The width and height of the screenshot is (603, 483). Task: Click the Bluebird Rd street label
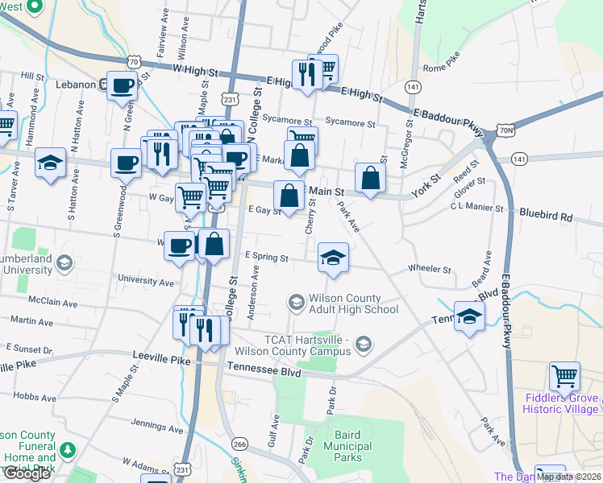(x=545, y=217)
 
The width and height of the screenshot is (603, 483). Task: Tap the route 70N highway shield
(x=505, y=129)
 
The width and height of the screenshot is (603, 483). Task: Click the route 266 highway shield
(x=239, y=444)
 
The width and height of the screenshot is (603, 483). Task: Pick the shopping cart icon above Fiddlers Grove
(x=565, y=376)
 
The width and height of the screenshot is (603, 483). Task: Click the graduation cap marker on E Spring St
(x=333, y=258)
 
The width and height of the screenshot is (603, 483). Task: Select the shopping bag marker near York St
(x=369, y=178)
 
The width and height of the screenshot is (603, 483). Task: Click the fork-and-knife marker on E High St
(x=306, y=74)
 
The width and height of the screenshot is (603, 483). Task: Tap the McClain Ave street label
(x=52, y=303)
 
